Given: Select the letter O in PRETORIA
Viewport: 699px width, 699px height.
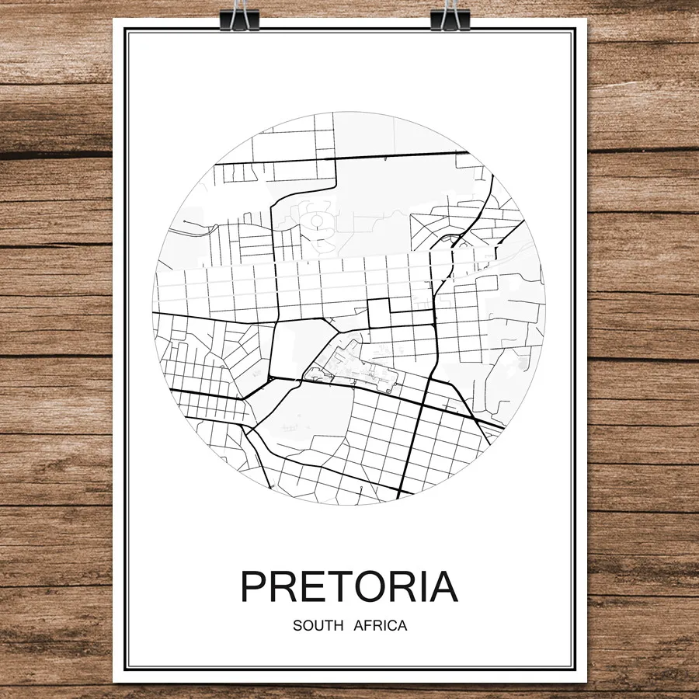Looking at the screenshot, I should [370, 587].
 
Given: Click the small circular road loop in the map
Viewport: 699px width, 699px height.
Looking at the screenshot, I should [317, 221].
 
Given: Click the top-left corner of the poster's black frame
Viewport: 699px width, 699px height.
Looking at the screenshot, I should [127, 30].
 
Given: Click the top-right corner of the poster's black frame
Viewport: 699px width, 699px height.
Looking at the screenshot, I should [574, 30].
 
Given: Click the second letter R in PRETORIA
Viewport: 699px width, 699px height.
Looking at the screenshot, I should [400, 587].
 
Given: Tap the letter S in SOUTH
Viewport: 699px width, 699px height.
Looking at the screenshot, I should [297, 625].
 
